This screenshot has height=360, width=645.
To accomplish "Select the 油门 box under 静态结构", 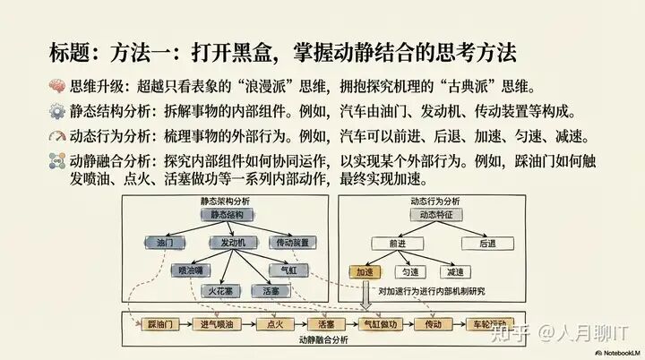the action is point(164,243).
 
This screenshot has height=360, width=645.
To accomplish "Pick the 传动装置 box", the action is point(292,243).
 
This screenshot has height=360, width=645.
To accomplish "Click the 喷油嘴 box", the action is point(190,269).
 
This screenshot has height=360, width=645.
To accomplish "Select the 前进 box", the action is point(397,243).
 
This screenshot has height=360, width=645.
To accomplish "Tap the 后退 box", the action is point(487,243).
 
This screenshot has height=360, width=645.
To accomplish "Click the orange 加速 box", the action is point(364,271).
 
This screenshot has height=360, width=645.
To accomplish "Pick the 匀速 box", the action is point(409,271).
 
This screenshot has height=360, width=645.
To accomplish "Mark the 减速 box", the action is point(456,271).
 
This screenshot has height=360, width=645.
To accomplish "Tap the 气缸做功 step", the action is point(380,324).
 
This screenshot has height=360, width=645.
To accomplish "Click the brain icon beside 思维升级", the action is point(56,88).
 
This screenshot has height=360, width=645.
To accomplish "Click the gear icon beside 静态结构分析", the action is point(56,114).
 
